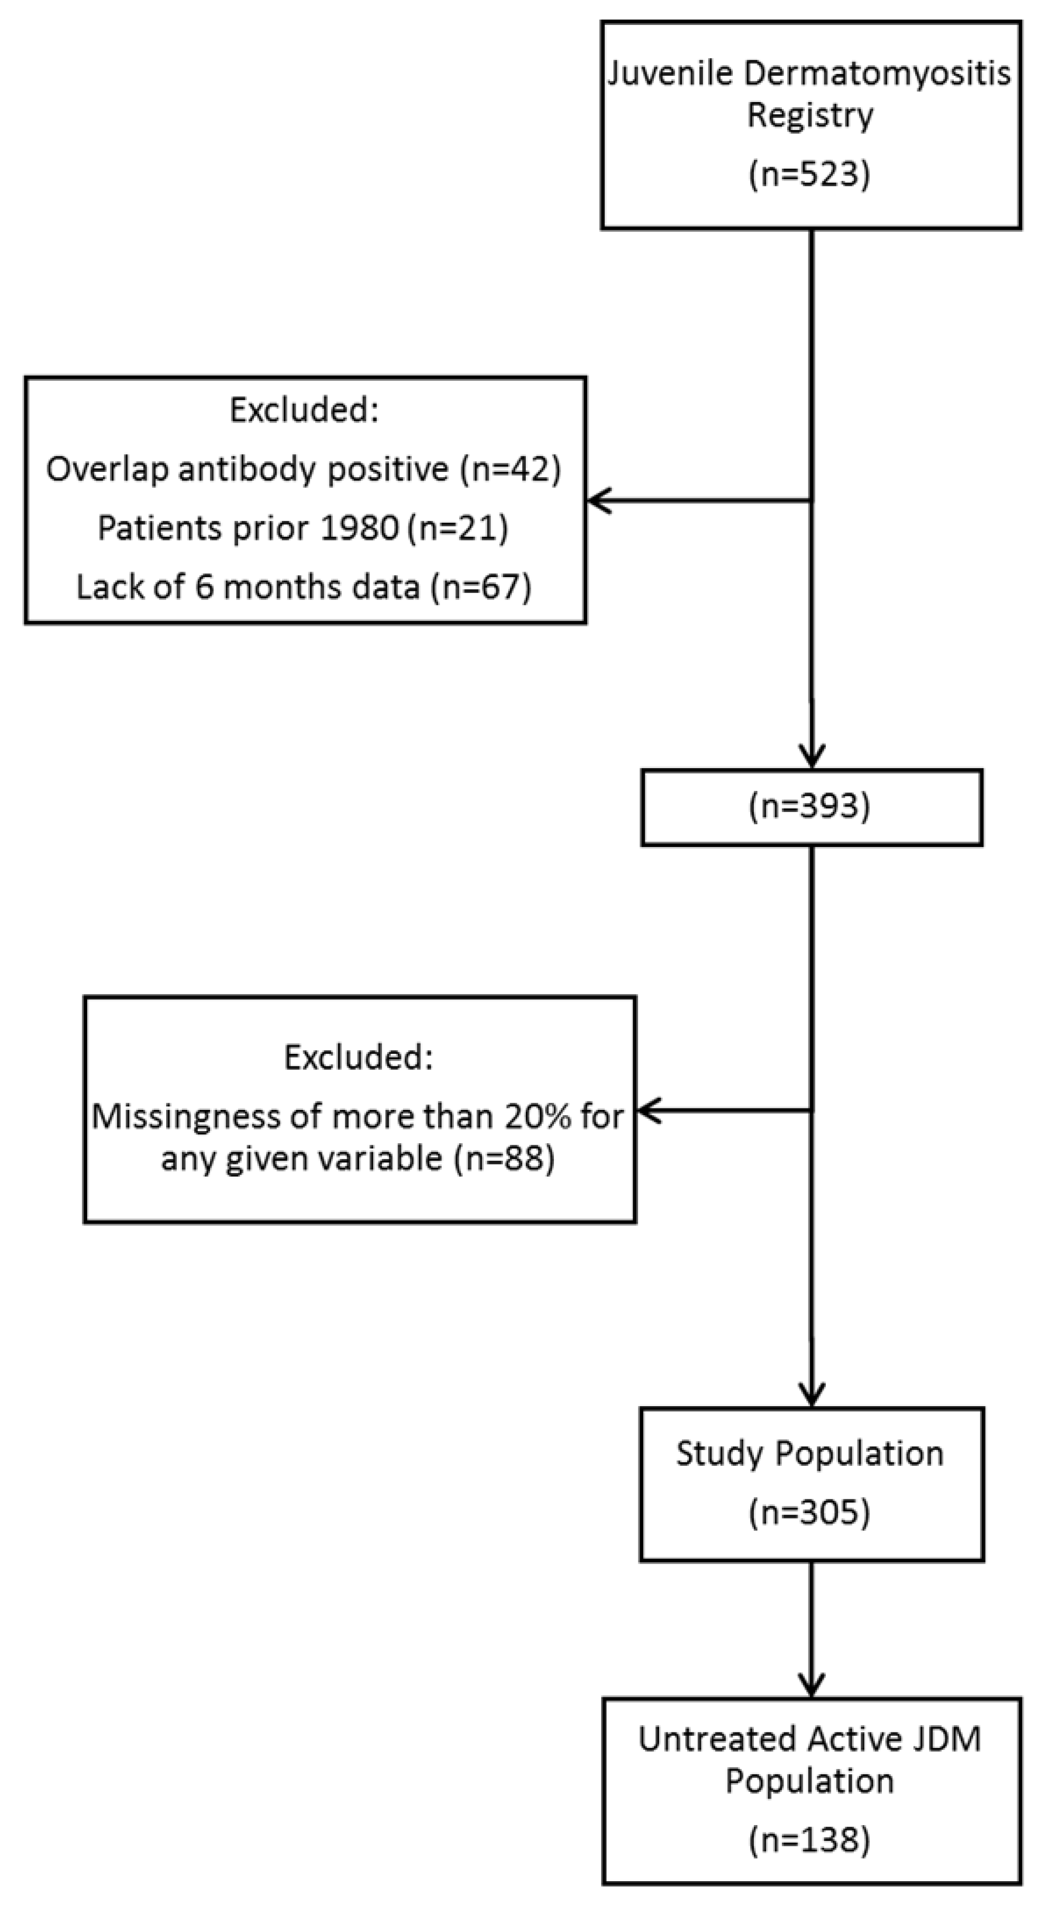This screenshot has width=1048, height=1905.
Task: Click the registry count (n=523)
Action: point(810,175)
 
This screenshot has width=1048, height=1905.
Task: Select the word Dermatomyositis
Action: point(877,74)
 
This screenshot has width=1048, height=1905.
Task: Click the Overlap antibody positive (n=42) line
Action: point(303,469)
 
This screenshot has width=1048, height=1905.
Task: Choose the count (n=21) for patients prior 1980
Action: point(459,528)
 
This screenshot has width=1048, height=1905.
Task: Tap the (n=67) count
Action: point(482,587)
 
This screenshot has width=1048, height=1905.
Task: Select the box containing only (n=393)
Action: point(812,807)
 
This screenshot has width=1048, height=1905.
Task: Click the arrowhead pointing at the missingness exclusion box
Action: point(649,1111)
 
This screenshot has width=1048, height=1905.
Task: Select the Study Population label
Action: point(810,1453)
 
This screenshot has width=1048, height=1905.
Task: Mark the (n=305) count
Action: point(810,1512)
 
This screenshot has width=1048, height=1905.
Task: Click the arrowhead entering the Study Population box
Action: point(812,1396)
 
